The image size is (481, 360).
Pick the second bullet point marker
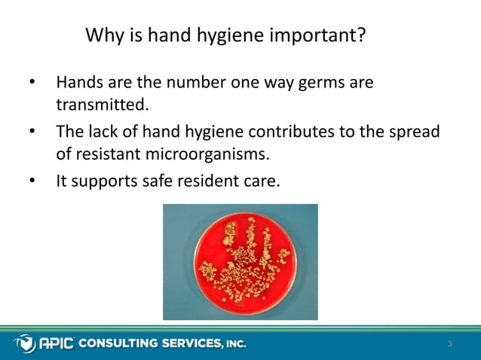tap(32, 132)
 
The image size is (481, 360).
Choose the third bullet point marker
tap(32, 182)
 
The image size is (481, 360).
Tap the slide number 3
tap(449, 344)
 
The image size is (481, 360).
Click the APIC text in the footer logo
tap(56, 343)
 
